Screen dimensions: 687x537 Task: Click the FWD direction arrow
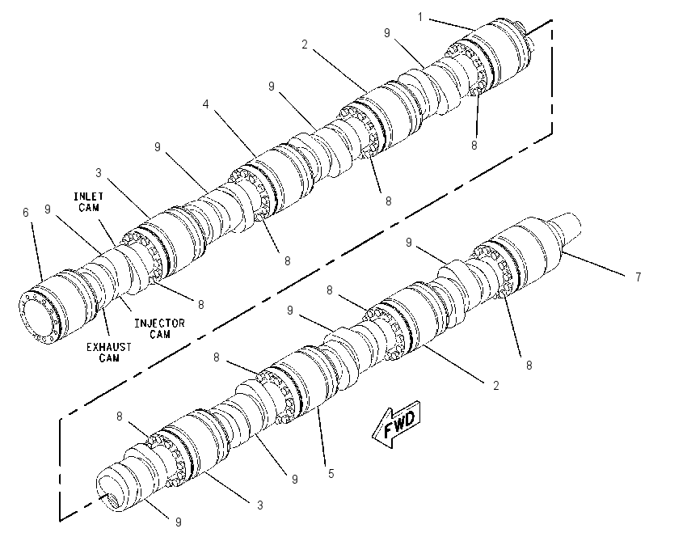click(x=396, y=425)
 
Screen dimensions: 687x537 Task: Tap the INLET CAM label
click(x=89, y=201)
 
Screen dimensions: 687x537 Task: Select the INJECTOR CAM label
click(x=159, y=329)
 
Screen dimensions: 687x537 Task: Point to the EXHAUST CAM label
click(x=108, y=353)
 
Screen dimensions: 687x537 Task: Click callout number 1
click(x=420, y=17)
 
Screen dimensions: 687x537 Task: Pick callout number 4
click(x=205, y=104)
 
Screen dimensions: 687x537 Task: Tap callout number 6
click(x=25, y=213)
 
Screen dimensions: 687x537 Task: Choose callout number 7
click(x=639, y=277)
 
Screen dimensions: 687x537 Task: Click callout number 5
click(x=331, y=473)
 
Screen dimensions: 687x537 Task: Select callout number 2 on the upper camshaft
click(x=305, y=44)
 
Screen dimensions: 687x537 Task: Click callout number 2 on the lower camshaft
click(x=495, y=385)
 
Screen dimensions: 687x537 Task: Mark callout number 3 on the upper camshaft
click(x=98, y=173)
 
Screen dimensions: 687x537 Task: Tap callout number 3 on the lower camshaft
click(x=259, y=505)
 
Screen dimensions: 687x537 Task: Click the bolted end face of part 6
click(x=38, y=316)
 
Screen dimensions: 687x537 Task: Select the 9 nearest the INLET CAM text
click(x=48, y=209)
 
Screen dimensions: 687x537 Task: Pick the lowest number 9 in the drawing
click(x=179, y=522)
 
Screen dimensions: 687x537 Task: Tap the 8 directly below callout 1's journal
click(x=474, y=145)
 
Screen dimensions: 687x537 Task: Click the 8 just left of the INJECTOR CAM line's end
click(x=200, y=305)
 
